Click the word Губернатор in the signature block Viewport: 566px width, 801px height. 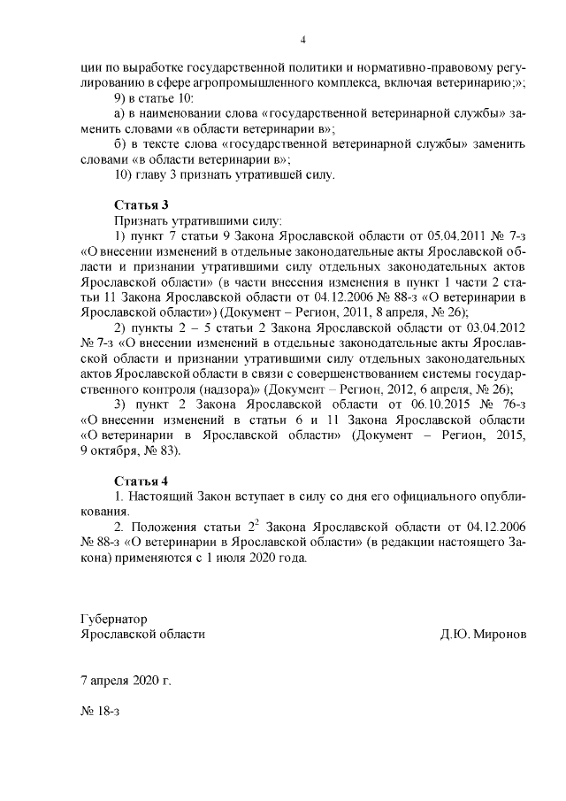113,618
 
